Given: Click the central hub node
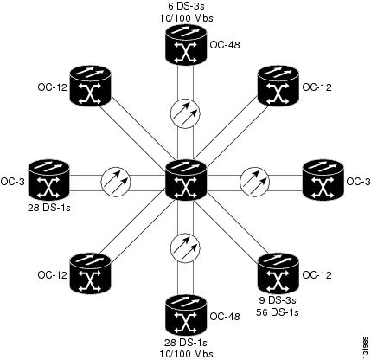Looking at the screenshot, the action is (186, 180).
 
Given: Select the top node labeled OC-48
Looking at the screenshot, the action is (186, 45).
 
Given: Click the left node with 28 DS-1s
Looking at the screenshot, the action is (49, 180).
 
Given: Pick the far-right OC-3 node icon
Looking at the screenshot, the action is (323, 180).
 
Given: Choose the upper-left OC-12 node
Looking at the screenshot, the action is (91, 86).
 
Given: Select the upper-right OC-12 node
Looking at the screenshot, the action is (278, 86).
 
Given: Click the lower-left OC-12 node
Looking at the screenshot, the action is (91, 273).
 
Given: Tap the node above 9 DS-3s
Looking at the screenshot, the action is (278, 273).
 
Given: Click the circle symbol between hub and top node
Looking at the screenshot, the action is (185, 113).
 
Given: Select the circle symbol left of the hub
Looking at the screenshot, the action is (116, 182).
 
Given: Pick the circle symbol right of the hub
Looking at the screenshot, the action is (255, 182).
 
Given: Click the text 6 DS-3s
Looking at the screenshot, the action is (186, 6).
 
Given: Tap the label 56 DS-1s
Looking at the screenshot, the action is (278, 312).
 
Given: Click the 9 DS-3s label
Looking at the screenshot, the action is (278, 300).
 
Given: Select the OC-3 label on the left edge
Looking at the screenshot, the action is (12, 182).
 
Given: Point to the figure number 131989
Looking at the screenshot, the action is (366, 346).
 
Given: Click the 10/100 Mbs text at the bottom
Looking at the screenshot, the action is (186, 354).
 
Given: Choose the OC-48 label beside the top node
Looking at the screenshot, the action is (225, 45).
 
